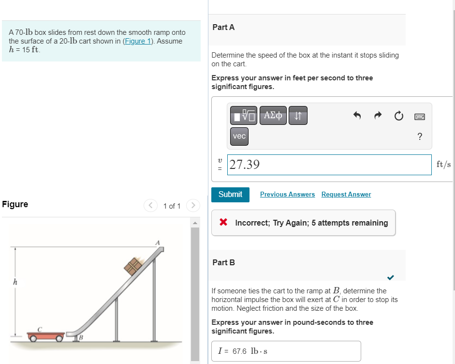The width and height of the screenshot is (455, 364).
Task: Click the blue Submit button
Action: click(x=230, y=195)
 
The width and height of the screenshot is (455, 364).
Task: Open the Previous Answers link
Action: click(x=287, y=195)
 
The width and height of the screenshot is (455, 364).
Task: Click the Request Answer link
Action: click(x=346, y=195)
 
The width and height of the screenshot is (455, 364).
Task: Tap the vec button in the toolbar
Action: click(x=239, y=136)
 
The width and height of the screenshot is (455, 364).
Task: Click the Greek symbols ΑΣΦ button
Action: click(x=273, y=115)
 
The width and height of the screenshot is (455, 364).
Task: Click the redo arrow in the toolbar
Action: click(x=378, y=116)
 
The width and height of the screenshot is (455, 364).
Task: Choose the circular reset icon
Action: click(x=398, y=116)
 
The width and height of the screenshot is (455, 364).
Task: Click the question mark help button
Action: click(x=420, y=136)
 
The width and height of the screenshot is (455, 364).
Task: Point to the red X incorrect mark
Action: click(x=223, y=223)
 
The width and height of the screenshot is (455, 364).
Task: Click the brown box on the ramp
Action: click(x=134, y=266)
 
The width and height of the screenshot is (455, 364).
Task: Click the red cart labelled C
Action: click(x=45, y=335)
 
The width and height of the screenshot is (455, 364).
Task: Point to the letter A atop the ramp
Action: click(x=157, y=242)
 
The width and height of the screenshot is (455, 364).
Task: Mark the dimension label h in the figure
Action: click(x=15, y=281)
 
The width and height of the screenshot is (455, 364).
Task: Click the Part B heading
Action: click(x=223, y=262)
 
